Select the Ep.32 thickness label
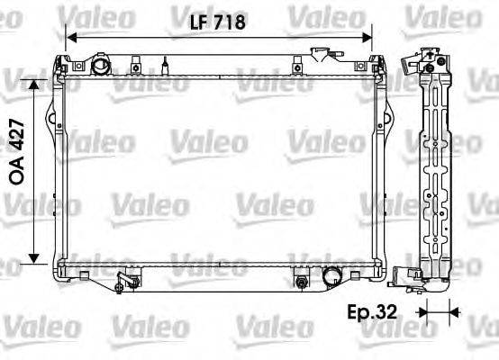click(372, 313)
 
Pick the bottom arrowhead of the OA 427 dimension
click(34, 258)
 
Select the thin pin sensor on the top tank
click(166, 66)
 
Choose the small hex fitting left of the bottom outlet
click(299, 283)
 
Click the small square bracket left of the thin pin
click(134, 65)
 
